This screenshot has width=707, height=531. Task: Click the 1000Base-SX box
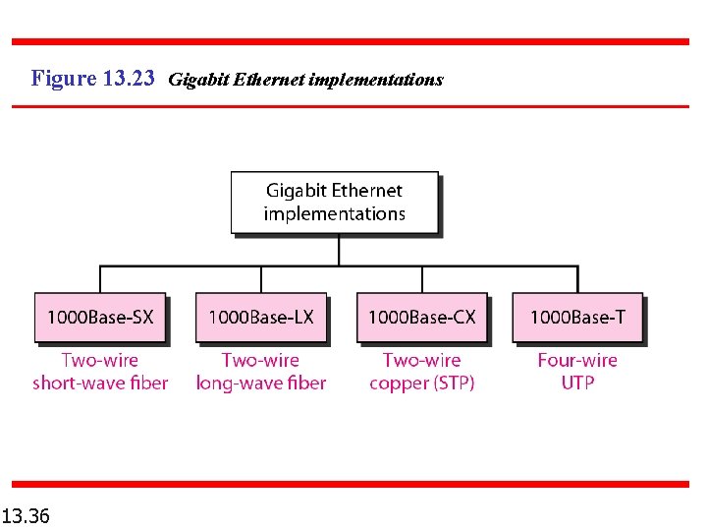click(100, 317)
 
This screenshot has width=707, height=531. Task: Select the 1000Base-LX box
click(261, 317)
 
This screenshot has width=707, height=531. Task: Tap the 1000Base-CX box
click(421, 317)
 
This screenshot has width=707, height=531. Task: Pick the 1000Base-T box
click(577, 317)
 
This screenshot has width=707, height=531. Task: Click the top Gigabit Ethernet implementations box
click(334, 203)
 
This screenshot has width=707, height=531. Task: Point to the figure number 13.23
click(129, 79)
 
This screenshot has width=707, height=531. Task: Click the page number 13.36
click(27, 515)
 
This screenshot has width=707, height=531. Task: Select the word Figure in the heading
click(64, 79)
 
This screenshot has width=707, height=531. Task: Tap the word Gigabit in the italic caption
click(200, 80)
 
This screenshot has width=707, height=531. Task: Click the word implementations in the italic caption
click(376, 80)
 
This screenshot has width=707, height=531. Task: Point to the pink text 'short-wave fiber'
click(100, 383)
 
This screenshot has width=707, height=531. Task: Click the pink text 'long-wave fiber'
click(261, 383)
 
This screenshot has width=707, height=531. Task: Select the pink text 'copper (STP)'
click(421, 383)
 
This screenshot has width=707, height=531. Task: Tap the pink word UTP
click(577, 383)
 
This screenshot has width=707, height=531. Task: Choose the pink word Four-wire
click(577, 360)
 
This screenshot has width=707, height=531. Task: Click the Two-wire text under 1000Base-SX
click(100, 360)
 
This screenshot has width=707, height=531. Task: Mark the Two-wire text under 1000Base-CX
click(421, 360)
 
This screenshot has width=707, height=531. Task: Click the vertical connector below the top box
click(339, 250)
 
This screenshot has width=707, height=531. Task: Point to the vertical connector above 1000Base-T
click(577, 278)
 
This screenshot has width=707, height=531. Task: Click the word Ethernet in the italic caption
click(270, 80)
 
